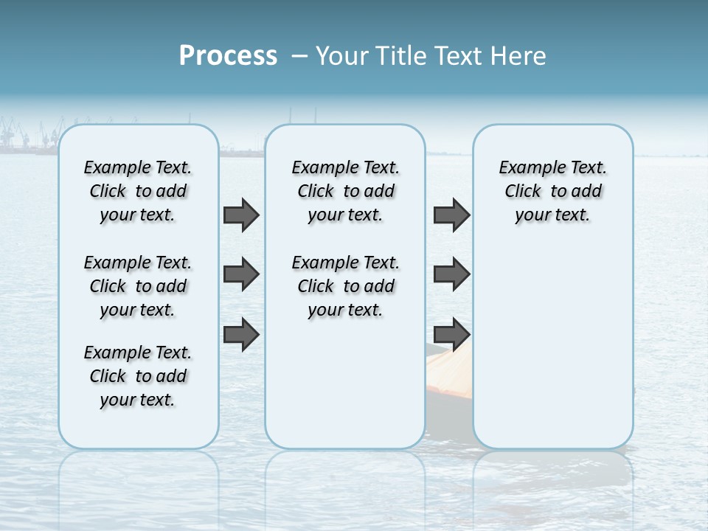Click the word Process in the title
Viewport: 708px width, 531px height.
[228, 56]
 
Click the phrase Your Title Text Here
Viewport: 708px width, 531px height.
[431, 56]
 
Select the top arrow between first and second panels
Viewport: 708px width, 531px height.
[241, 215]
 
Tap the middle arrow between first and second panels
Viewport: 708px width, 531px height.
[241, 274]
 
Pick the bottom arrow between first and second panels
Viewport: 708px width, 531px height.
[241, 334]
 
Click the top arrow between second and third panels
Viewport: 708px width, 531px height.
[451, 215]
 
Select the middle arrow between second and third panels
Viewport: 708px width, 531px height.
[451, 274]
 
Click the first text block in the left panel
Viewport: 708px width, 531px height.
[138, 191]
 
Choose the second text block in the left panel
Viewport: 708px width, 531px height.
[138, 286]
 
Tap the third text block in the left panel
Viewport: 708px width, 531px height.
[138, 376]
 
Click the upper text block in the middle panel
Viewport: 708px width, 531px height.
[345, 191]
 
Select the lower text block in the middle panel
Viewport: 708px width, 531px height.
[345, 286]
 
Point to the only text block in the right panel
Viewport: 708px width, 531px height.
[552, 191]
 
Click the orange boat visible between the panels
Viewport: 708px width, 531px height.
[448, 376]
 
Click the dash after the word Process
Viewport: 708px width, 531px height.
[299, 57]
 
